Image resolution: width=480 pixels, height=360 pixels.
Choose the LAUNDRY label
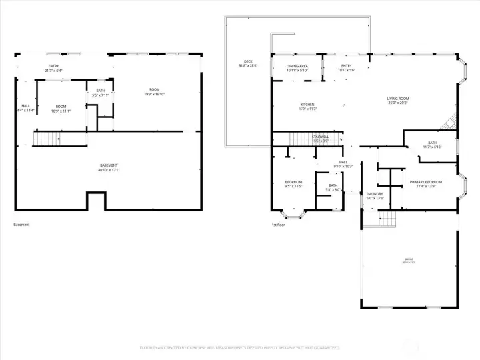pyautogui.click(x=375, y=196)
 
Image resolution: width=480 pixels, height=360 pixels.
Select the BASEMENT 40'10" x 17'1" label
pyautogui.click(x=109, y=167)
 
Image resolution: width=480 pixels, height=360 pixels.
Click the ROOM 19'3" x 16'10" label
pyautogui.click(x=154, y=92)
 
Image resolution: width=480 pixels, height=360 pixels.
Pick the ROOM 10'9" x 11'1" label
pyautogui.click(x=61, y=109)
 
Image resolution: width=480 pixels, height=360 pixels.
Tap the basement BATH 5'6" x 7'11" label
pyautogui.click(x=100, y=93)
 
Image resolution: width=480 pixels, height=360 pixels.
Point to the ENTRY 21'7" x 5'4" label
pyautogui.click(x=52, y=68)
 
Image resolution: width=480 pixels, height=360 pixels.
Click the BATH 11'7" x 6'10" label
pyautogui.click(x=432, y=145)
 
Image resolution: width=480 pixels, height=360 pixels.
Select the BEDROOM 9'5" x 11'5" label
pyautogui.click(x=293, y=184)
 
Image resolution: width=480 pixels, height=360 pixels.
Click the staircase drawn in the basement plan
pyautogui.click(x=47, y=139)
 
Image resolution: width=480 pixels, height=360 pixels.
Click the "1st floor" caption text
pyautogui.click(x=278, y=225)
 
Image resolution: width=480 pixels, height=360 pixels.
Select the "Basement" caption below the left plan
pyautogui.click(x=22, y=225)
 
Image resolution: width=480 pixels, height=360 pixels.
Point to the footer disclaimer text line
pyautogui.click(x=239, y=348)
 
